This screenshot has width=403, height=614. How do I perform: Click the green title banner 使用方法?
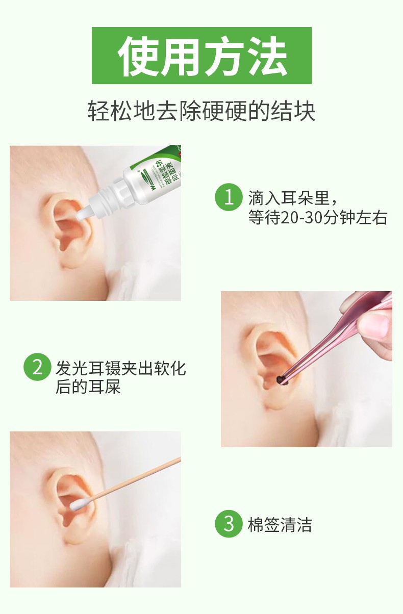coord(202,56)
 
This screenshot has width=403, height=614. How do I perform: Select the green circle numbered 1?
coord(228,197)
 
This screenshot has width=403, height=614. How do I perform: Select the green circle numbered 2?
coord(37,367)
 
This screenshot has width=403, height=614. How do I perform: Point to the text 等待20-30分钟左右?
coord(317,218)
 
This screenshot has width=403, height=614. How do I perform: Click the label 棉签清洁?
coord(280,525)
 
